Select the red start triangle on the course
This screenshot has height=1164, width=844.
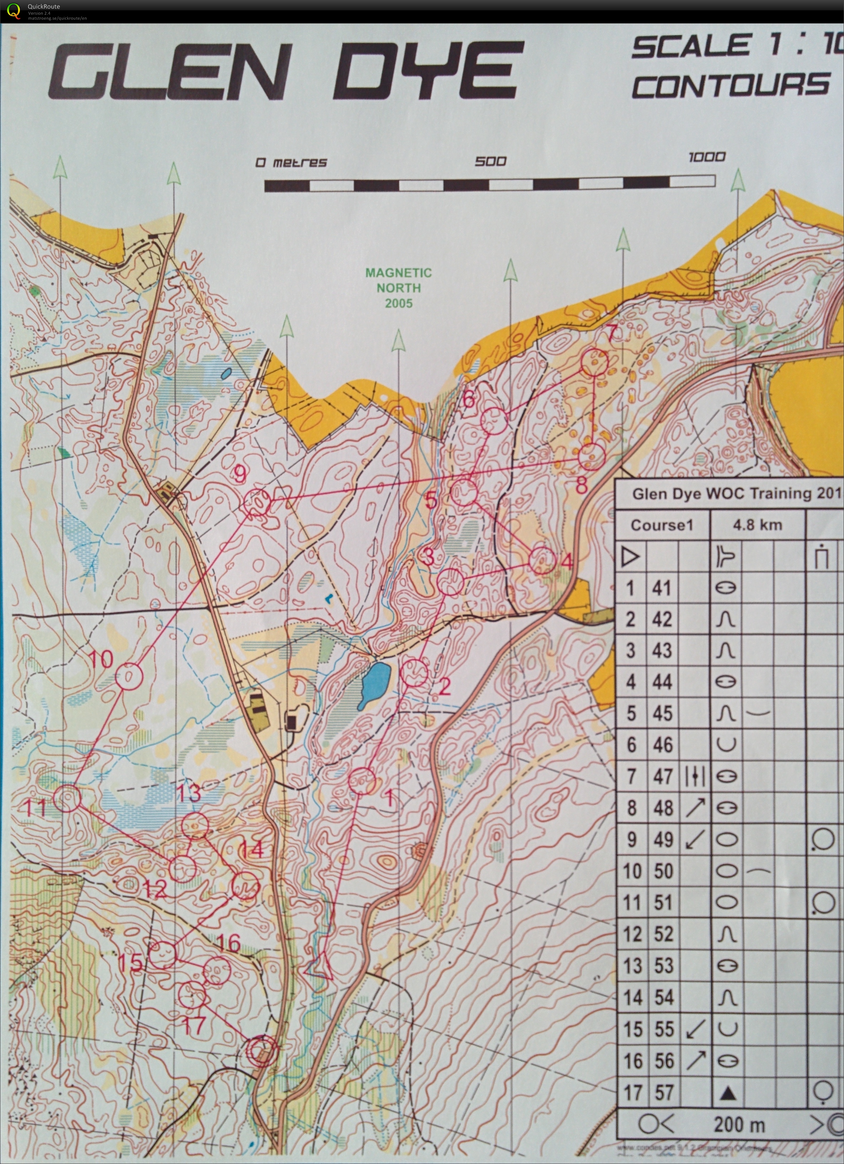point(319,966)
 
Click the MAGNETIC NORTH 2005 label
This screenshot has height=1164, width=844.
point(398,288)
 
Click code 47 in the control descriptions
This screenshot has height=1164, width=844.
point(663,776)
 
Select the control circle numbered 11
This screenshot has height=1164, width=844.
point(67,798)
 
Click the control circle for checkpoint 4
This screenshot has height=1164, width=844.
point(542,560)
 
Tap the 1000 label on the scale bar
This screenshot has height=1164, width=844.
point(707,156)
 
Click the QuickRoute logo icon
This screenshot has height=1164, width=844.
point(14,11)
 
